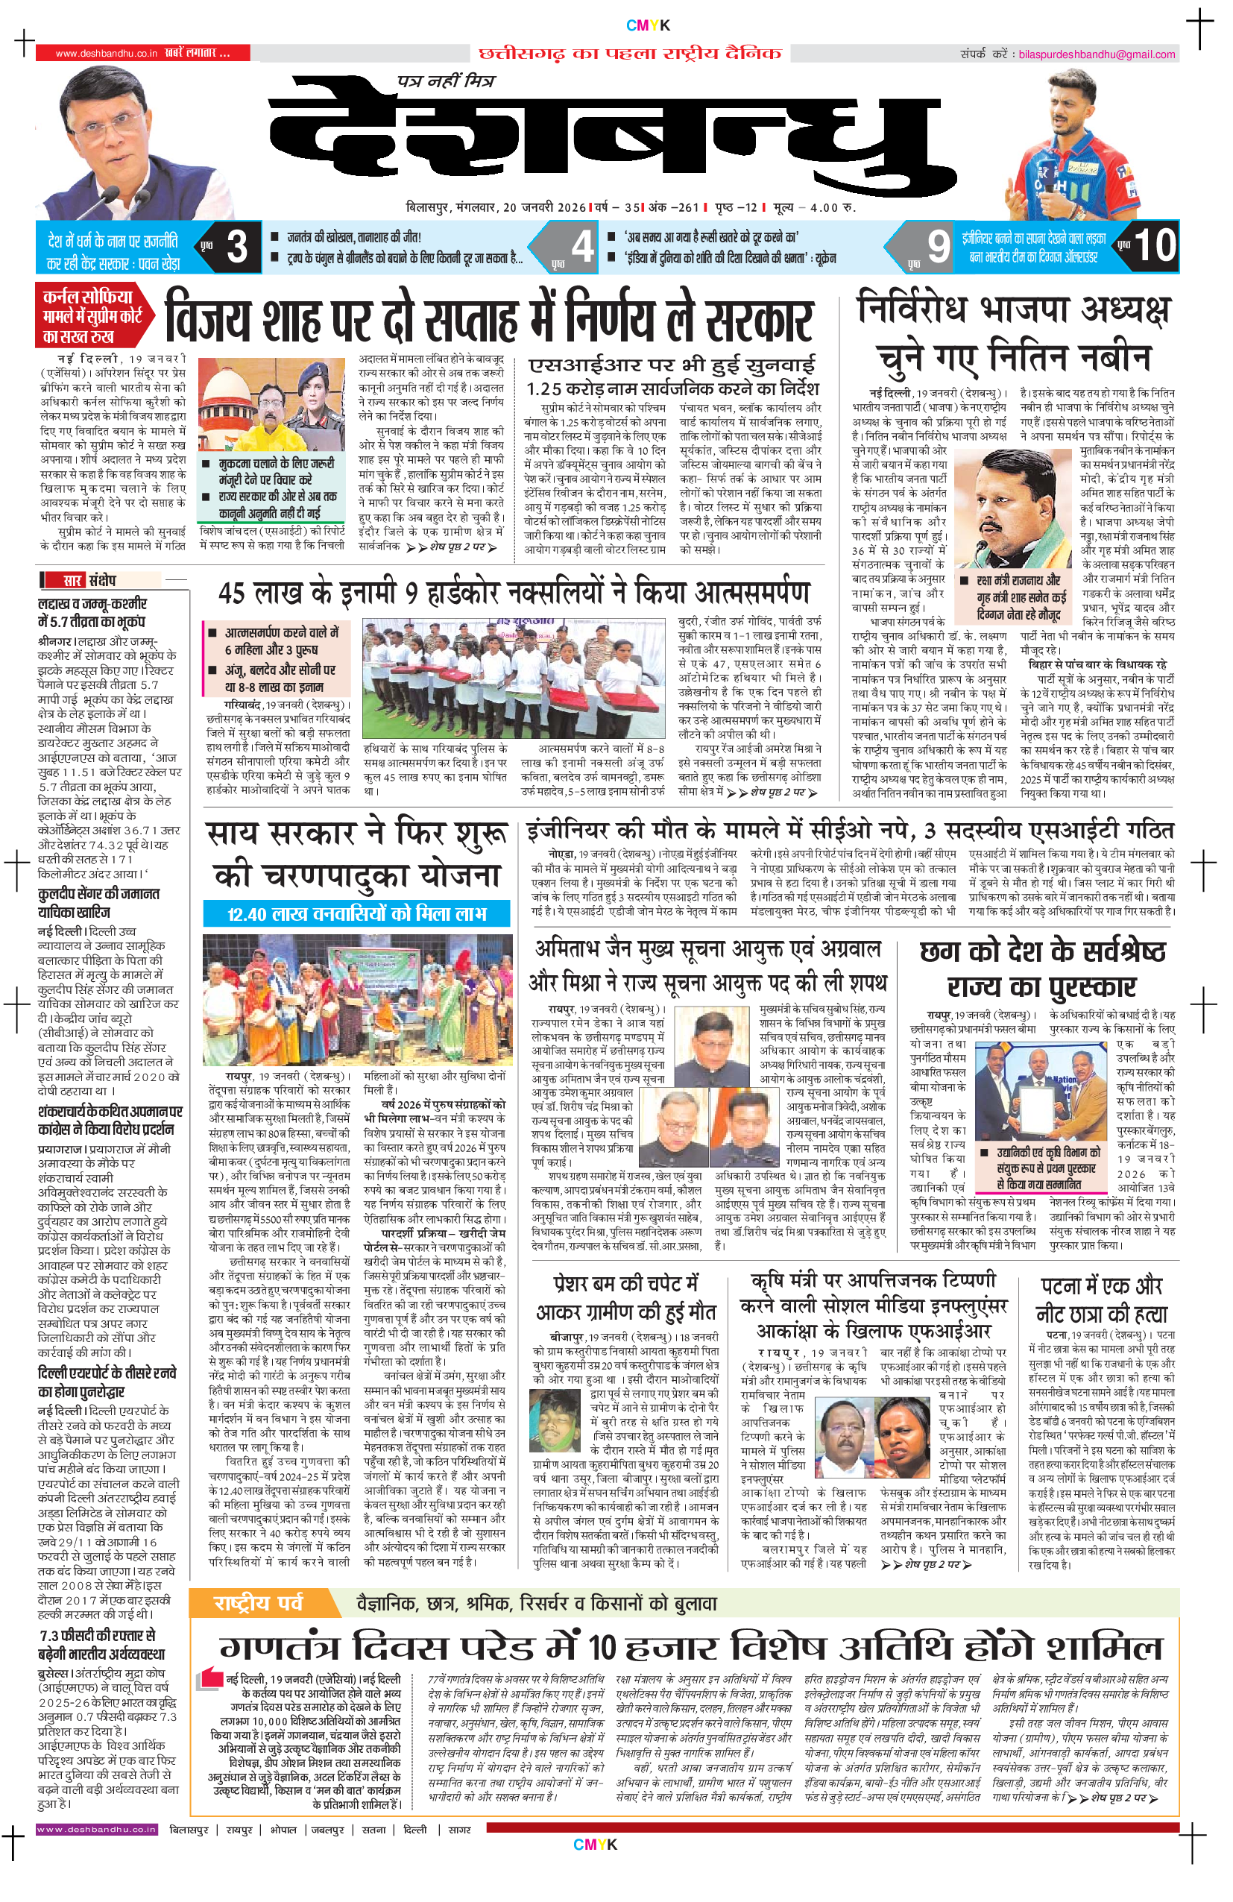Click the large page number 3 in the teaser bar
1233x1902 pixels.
pos(236,246)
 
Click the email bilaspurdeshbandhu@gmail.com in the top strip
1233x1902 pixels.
pos(1096,54)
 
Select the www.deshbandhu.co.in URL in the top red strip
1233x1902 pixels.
pos(107,54)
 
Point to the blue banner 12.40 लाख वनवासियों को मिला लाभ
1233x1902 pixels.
pos(356,913)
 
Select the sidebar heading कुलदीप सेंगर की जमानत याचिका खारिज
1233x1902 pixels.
pos(98,903)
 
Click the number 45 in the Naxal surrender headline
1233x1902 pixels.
pos(232,593)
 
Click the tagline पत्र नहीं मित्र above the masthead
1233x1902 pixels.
pos(446,81)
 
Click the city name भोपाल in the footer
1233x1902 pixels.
pos(282,1829)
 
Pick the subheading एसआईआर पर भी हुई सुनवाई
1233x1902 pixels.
pos(671,365)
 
